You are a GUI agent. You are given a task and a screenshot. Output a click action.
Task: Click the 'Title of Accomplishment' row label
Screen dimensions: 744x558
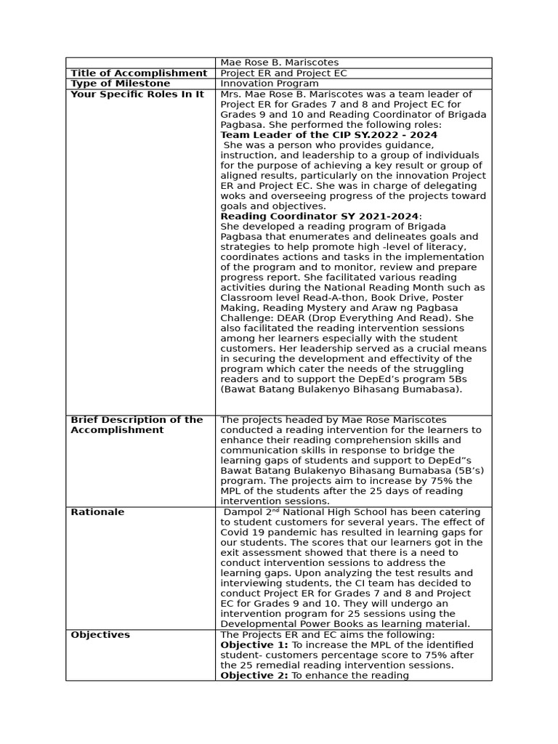point(139,73)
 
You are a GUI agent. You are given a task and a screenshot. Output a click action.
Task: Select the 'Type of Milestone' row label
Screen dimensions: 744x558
point(120,84)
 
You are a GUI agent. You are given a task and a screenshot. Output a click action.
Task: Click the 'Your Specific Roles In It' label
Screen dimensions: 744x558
point(137,94)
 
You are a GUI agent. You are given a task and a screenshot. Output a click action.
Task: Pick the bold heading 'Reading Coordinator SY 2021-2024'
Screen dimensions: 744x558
point(319,217)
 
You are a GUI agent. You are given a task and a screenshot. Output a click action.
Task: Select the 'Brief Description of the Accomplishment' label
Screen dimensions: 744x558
point(137,425)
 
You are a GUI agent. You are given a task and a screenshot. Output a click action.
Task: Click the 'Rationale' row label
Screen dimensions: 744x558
point(97,512)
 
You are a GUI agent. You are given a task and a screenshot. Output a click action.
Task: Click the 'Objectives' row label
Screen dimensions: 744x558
point(100,635)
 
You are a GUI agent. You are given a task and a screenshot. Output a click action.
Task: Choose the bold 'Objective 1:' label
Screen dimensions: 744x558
point(254,645)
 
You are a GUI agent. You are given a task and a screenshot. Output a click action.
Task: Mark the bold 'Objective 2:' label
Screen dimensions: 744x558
point(254,676)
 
